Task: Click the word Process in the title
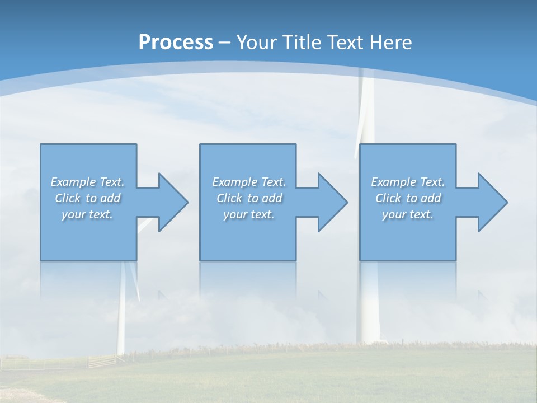[176, 43]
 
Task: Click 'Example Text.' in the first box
[87, 182]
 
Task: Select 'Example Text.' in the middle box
[248, 182]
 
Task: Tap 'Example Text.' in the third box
[408, 182]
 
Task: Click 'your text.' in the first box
[87, 214]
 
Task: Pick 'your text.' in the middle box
[248, 214]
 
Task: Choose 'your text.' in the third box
[408, 214]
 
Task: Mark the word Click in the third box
[388, 198]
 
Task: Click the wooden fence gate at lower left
[101, 361]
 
